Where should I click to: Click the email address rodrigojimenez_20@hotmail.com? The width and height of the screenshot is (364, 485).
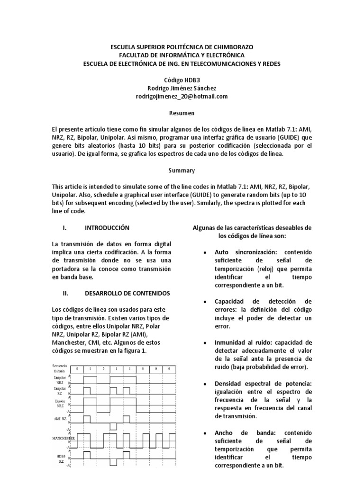coord(182,96)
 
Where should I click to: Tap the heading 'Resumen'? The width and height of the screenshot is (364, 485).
coord(182,113)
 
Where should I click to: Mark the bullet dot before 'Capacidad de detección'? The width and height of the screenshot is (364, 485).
coord(204,302)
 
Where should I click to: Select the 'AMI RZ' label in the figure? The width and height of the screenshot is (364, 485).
coord(60,419)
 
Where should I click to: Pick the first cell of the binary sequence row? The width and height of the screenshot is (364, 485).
coord(77,368)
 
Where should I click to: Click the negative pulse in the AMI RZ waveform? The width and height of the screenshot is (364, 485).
coord(113,427)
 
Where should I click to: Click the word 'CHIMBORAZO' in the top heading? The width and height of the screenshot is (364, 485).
coord(230,47)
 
